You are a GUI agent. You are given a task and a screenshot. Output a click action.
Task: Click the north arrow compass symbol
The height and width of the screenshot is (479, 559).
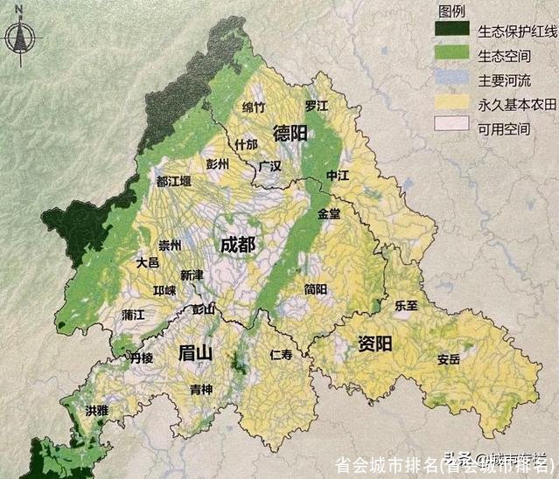[20, 36]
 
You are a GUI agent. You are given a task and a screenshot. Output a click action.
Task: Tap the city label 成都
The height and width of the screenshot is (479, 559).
[237, 245]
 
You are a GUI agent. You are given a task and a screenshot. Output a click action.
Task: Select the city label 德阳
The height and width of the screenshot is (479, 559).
[290, 134]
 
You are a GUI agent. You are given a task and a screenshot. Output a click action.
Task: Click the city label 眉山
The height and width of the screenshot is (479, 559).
[195, 353]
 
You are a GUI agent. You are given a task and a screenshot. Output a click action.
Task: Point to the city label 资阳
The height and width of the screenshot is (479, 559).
[374, 344]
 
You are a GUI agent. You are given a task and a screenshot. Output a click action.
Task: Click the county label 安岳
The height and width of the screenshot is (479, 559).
[449, 358]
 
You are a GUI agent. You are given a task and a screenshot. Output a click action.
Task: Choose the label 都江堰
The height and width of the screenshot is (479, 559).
[174, 181]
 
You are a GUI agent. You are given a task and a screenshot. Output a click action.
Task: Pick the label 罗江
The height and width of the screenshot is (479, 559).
[316, 106]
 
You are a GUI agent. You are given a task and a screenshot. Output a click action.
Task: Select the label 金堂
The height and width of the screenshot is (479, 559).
[330, 213]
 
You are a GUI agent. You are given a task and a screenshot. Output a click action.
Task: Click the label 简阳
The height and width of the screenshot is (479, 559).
[316, 289]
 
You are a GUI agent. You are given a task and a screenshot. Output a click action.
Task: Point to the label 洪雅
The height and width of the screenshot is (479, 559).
[97, 410]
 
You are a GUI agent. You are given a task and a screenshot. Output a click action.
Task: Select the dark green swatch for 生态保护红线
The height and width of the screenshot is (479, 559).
[455, 32]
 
